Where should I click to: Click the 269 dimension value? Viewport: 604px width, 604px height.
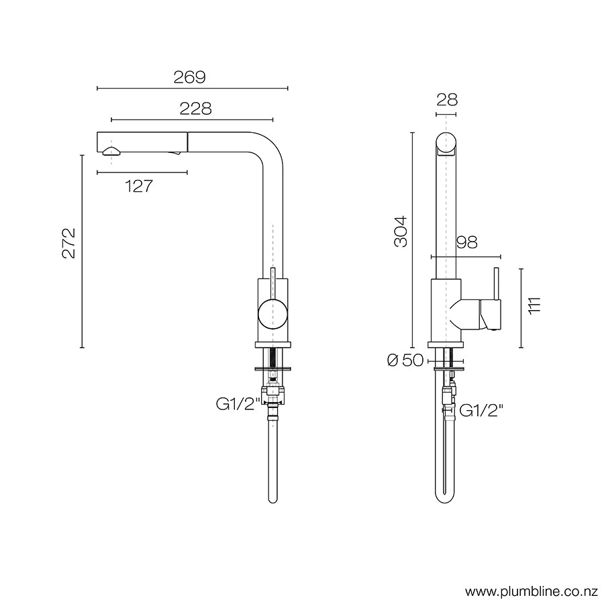(x=190, y=77)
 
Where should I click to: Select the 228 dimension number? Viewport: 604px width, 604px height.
(x=195, y=109)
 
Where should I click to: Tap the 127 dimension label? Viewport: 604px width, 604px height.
(x=139, y=187)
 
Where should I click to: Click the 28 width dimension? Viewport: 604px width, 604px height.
(x=446, y=100)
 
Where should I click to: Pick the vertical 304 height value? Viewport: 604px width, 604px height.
(x=401, y=232)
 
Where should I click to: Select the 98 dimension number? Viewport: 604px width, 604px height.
(x=466, y=243)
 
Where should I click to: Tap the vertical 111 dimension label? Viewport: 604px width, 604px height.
(x=534, y=305)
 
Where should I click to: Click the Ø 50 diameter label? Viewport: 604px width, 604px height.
(x=405, y=360)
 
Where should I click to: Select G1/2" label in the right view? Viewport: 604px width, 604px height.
(x=481, y=409)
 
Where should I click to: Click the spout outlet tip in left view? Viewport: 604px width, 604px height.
(x=111, y=152)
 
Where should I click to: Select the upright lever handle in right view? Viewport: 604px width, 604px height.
(x=496, y=285)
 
